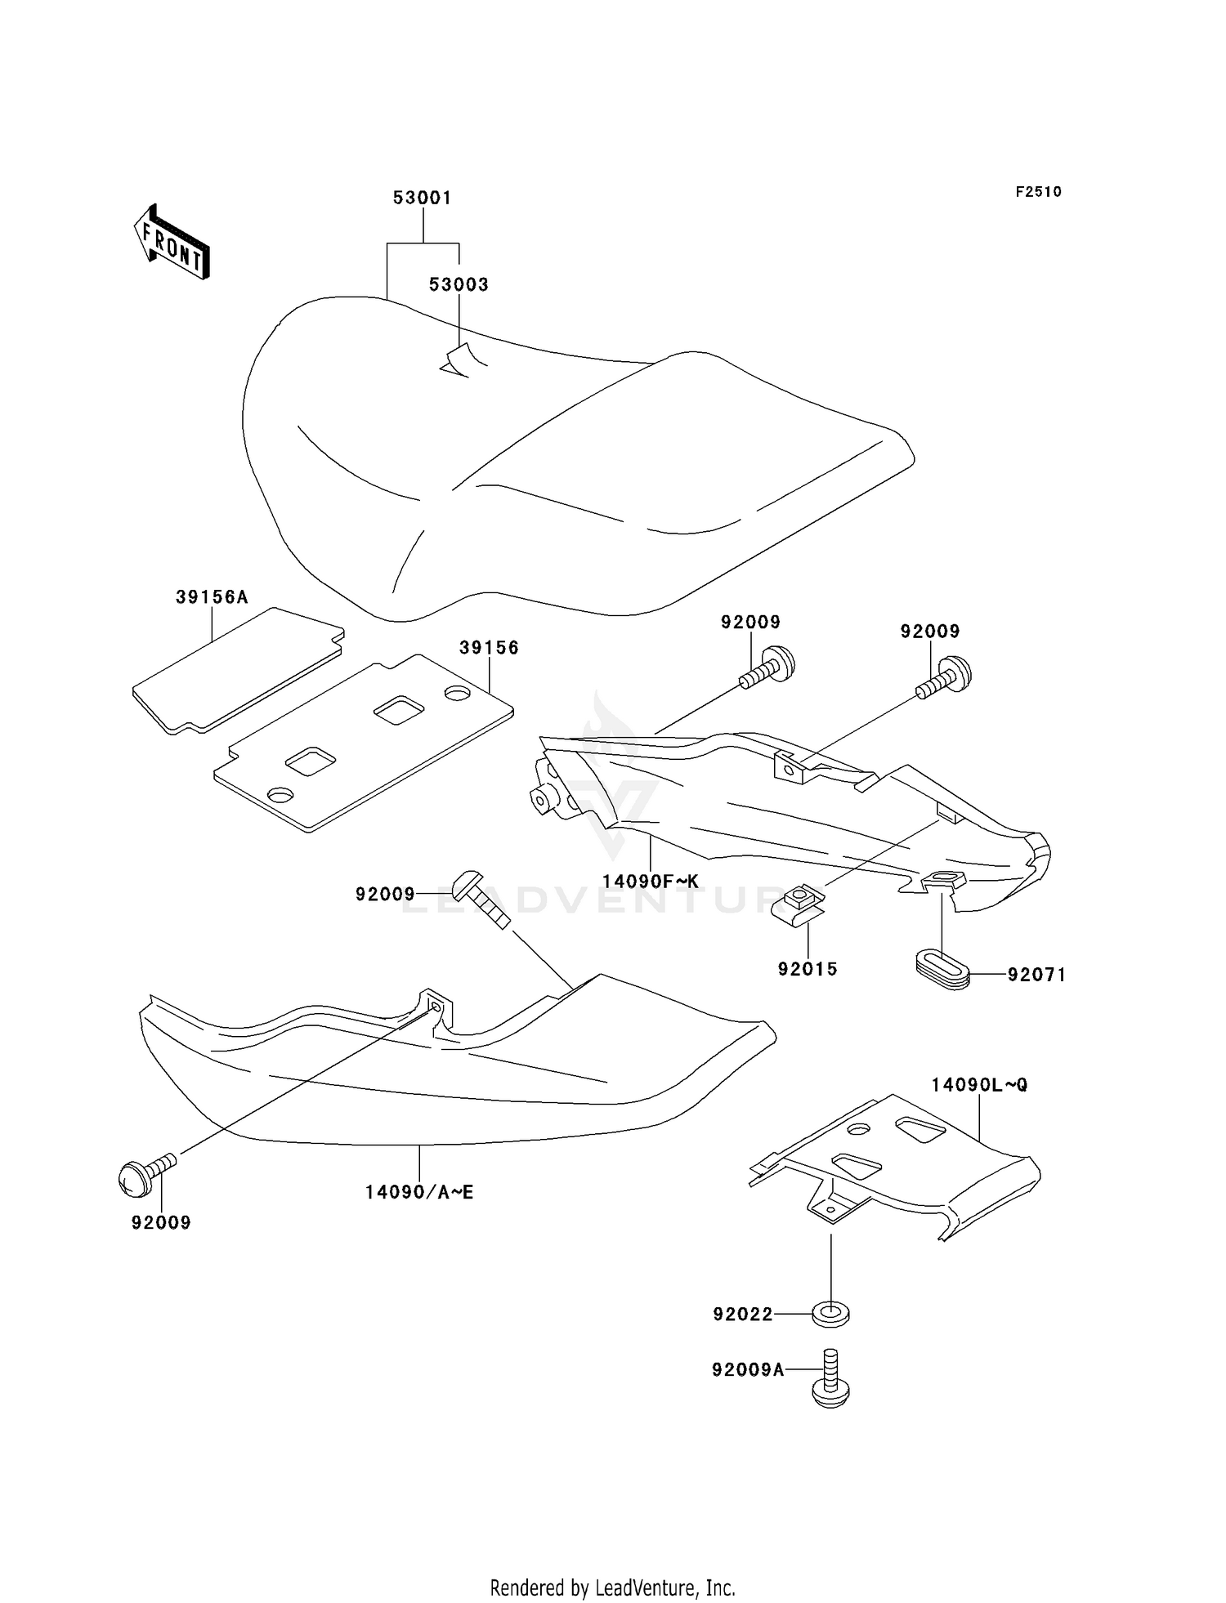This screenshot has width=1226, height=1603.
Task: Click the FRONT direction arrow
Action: click(x=172, y=241)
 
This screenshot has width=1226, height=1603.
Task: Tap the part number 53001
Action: click(x=423, y=198)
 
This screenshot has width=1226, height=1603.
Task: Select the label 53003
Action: click(x=459, y=284)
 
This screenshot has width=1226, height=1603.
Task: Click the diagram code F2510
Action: click(x=1039, y=192)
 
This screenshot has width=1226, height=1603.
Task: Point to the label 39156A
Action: click(x=212, y=597)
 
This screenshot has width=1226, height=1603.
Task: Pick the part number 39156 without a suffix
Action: click(x=489, y=648)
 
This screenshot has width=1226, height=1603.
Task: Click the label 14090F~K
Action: click(x=651, y=882)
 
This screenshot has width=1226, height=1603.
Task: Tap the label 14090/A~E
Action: click(x=419, y=1192)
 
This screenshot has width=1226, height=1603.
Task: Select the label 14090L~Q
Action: click(x=979, y=1085)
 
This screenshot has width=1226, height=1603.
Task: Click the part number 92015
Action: click(x=808, y=969)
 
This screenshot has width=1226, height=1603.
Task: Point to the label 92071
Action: click(x=1036, y=975)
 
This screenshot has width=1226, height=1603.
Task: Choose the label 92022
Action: click(x=743, y=1315)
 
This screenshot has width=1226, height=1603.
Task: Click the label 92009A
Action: click(x=748, y=1370)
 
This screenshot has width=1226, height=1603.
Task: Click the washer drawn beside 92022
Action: click(x=831, y=1315)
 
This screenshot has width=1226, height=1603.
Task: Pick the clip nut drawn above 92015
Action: click(x=799, y=902)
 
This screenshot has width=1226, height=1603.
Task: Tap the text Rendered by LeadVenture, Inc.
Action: click(x=613, y=1587)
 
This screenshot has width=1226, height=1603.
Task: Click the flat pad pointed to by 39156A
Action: click(x=238, y=670)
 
